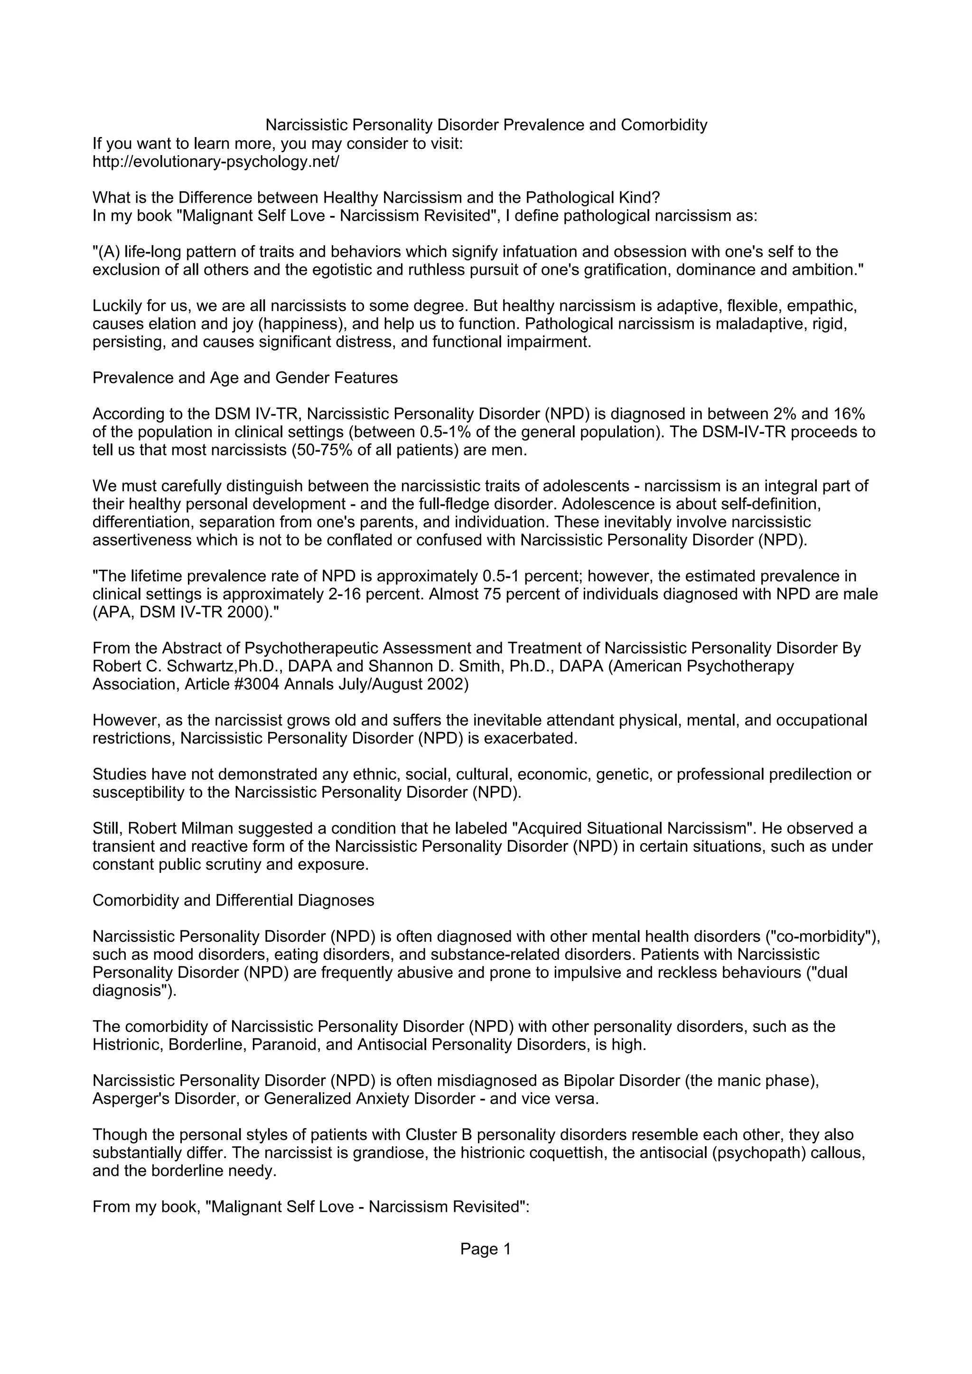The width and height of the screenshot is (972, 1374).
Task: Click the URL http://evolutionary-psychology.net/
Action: (215, 162)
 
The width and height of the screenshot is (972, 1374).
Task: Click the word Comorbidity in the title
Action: (664, 125)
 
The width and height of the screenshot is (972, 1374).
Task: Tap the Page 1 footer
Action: (486, 1249)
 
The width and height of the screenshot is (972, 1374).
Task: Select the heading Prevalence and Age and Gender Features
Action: (245, 378)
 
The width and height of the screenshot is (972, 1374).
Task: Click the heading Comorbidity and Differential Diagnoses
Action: (234, 900)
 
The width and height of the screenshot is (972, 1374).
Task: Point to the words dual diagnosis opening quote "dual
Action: (828, 973)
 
